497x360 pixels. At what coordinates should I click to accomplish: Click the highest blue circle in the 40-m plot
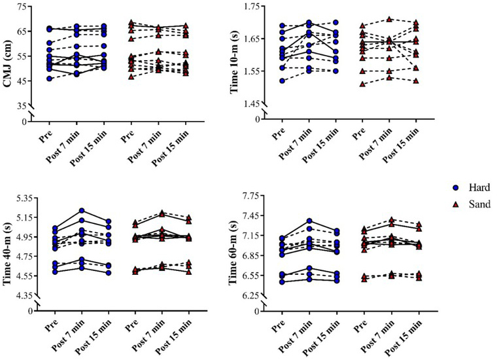tap(82, 211)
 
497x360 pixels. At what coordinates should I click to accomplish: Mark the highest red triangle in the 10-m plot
tap(390, 20)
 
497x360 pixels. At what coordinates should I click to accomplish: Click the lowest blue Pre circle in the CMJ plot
tap(49, 79)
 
